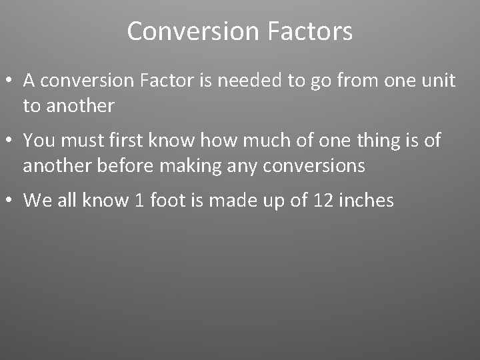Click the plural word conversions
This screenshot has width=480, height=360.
click(x=314, y=165)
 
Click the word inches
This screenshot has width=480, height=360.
click(x=366, y=200)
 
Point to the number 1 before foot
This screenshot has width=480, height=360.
click(x=139, y=200)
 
